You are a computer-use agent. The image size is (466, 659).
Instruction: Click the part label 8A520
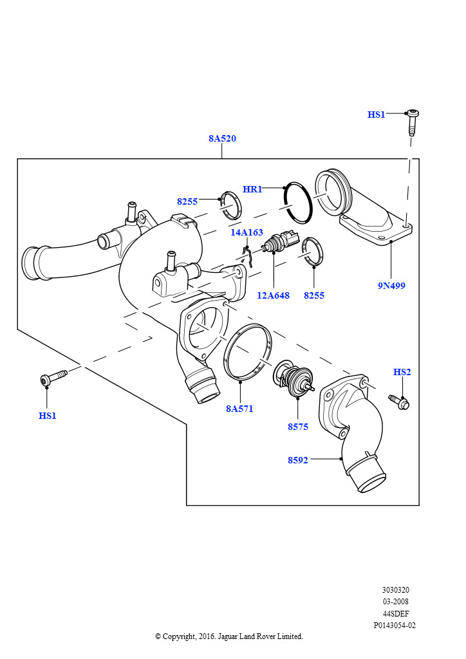[x=221, y=138]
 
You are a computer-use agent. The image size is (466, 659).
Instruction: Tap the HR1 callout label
[x=252, y=189]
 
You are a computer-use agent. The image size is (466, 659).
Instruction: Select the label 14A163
[x=247, y=232]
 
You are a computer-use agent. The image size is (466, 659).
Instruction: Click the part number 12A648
[x=273, y=295]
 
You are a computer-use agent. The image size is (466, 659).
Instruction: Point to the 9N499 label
[x=391, y=285]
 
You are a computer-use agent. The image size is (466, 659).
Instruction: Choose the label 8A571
[x=239, y=408]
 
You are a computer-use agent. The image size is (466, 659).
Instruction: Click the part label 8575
[x=298, y=426]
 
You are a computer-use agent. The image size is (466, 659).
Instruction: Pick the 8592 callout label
[x=297, y=459]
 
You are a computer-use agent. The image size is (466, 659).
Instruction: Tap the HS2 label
[x=402, y=372]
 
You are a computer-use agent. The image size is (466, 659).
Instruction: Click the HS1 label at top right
[x=376, y=115]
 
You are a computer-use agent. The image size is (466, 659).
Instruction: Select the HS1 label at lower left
[x=47, y=416]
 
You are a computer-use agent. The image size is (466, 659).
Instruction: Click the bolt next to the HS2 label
[x=400, y=402]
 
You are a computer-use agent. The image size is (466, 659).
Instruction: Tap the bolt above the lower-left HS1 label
[x=53, y=377]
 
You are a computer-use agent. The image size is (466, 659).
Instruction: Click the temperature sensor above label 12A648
[x=281, y=242]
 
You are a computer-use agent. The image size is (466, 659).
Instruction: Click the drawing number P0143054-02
[x=395, y=625]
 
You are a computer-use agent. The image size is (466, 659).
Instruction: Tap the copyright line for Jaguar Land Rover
[x=228, y=636]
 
